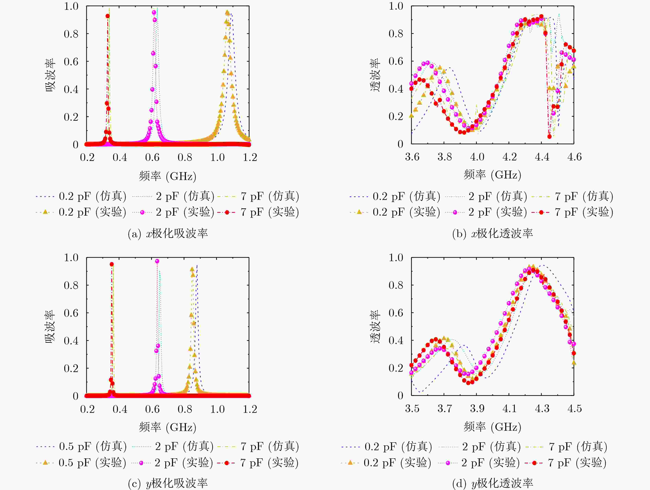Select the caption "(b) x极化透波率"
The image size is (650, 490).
pyautogui.click(x=492, y=233)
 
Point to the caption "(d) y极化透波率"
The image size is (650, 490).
pyautogui.click(x=492, y=483)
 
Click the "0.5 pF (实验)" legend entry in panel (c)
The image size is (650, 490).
pyautogui.click(x=81, y=463)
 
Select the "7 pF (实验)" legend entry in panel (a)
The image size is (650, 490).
pyautogui.click(x=258, y=212)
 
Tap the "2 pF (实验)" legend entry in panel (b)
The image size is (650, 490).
pyautogui.click(x=486, y=212)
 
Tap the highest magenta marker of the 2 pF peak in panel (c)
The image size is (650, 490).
pyautogui.click(x=157, y=261)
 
